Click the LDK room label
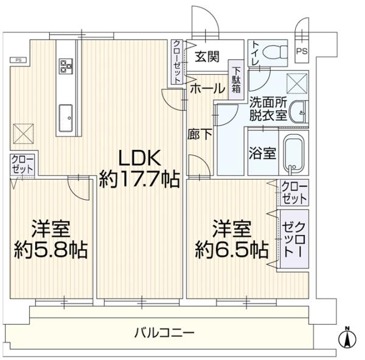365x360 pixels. pos(140,158)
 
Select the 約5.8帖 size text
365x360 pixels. pos(51,250)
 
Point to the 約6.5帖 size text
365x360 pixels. pos(232,250)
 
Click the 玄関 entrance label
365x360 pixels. pos(207,57)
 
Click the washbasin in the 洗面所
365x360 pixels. pos(299,112)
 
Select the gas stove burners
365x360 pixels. pos(66,66)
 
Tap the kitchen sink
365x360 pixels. pos(66,118)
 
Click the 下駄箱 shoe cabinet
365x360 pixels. pos(236,80)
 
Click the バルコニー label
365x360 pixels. pos(164,332)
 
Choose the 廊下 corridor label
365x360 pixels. pos(200,134)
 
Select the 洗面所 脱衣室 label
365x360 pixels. pos(268,110)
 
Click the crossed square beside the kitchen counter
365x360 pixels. pos(23,133)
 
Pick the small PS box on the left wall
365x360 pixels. pos(18,60)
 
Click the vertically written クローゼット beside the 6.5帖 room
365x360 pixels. pos(294,239)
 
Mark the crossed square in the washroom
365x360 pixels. pos(297,83)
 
